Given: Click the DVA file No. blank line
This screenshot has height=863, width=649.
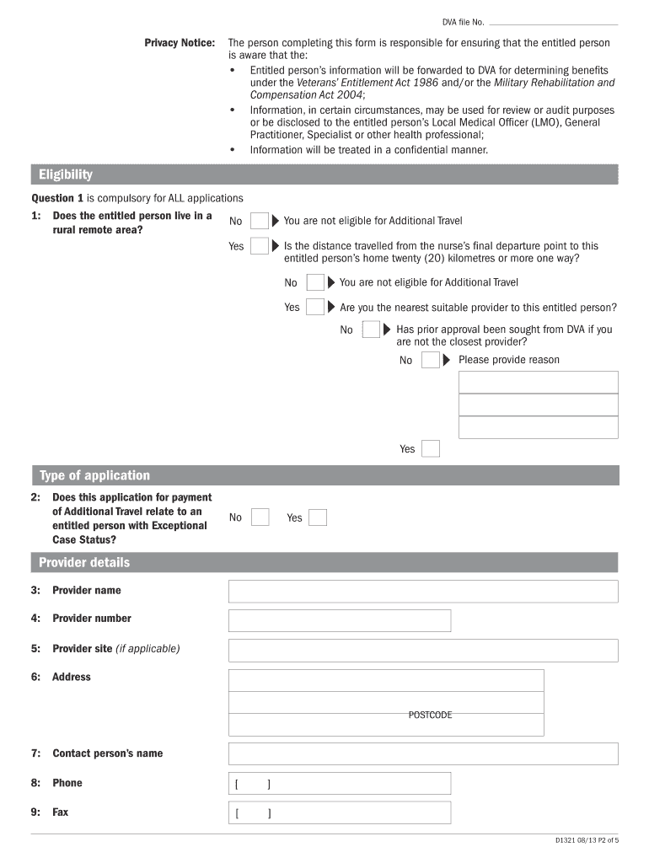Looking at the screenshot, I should [x=552, y=23].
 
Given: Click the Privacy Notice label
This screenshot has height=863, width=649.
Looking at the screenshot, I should [x=180, y=42].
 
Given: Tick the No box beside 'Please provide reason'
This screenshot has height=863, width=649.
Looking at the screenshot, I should [x=430, y=361].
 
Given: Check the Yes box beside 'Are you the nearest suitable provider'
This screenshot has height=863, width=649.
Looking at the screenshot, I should [x=315, y=307].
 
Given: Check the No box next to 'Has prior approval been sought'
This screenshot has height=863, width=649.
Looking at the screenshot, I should [x=371, y=330].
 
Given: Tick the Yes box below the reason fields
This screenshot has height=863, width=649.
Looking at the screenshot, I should [x=431, y=449].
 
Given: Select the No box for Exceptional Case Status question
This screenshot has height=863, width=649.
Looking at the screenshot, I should [x=260, y=517].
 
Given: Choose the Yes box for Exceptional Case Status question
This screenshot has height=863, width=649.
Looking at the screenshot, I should [x=318, y=517].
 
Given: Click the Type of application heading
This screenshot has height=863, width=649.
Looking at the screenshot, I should [x=94, y=475].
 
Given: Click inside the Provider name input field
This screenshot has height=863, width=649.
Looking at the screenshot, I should [x=423, y=591].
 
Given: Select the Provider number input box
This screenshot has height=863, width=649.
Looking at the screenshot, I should [x=340, y=620].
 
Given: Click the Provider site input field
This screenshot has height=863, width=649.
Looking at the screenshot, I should [x=423, y=650].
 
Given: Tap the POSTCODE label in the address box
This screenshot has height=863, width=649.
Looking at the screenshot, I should [x=430, y=715].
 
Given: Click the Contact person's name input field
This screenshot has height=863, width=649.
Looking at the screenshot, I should [x=423, y=753].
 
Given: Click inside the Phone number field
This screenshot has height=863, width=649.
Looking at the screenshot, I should [x=340, y=784].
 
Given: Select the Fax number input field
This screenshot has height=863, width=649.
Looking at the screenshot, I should [x=340, y=813].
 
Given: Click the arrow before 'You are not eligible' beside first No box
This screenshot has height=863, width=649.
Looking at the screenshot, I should [x=276, y=222].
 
